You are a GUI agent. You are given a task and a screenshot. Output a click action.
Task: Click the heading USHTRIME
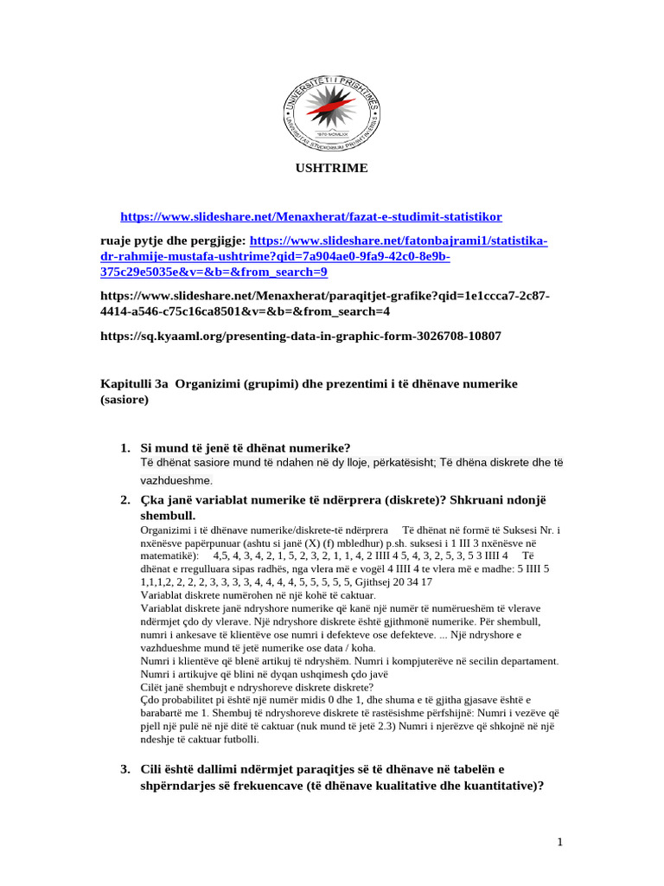(x=332, y=168)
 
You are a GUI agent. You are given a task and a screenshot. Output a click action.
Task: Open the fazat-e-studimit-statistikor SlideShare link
(x=310, y=216)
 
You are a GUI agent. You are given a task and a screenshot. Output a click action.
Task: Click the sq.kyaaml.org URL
(x=302, y=336)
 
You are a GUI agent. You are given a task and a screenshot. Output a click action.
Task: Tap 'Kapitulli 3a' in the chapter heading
(x=136, y=383)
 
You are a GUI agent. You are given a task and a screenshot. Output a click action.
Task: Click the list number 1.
(x=125, y=447)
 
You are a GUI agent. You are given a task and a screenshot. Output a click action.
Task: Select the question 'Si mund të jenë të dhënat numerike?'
(x=246, y=447)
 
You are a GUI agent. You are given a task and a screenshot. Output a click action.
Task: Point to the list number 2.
(x=125, y=501)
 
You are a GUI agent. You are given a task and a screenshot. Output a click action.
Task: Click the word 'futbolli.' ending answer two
(x=234, y=740)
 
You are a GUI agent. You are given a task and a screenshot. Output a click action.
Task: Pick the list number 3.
(x=125, y=770)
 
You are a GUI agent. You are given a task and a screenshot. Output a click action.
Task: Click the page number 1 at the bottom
(x=560, y=842)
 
